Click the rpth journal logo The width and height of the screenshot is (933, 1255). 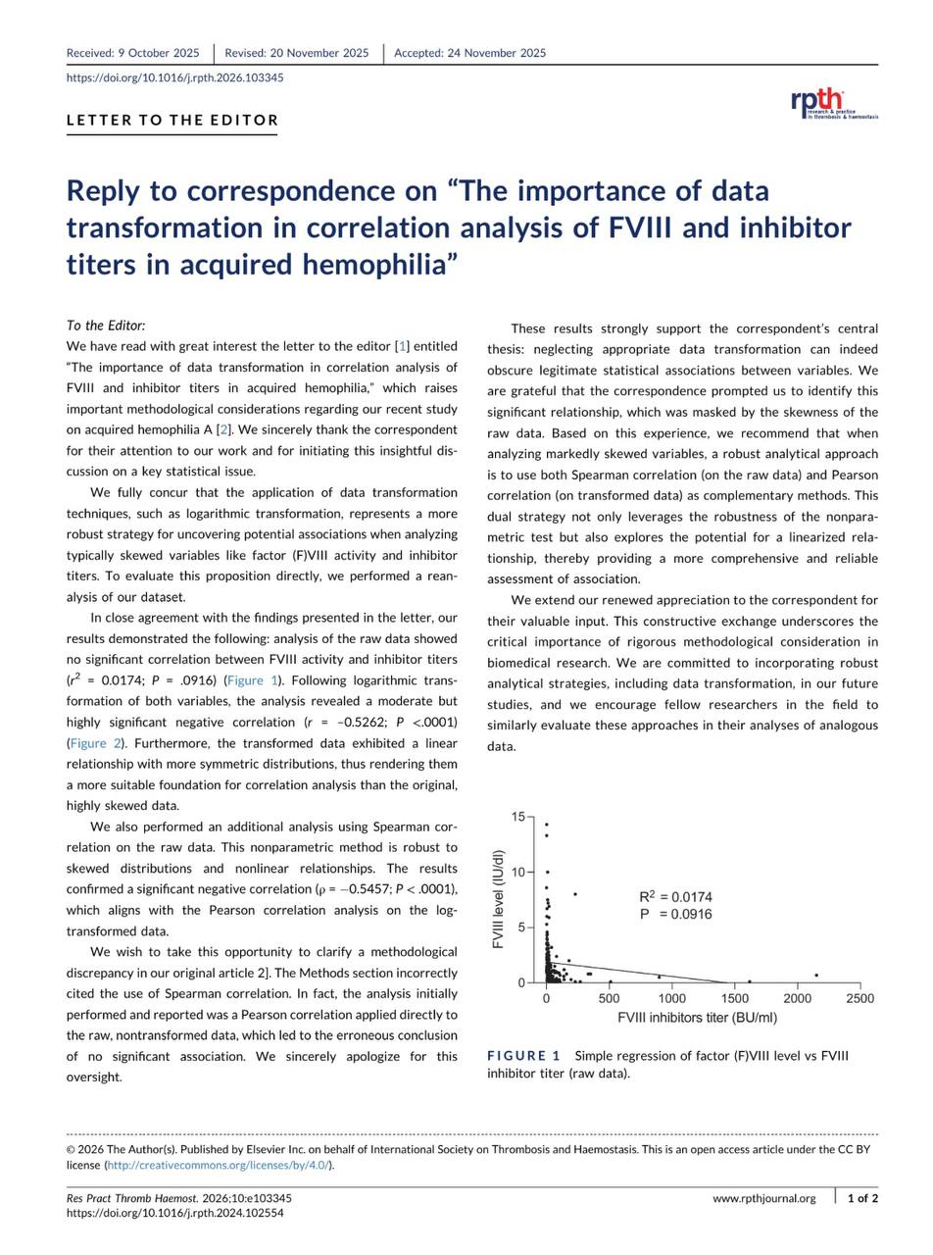click(x=833, y=104)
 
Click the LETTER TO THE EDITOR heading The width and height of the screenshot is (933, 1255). click(x=172, y=121)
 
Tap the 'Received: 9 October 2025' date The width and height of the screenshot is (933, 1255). click(x=132, y=53)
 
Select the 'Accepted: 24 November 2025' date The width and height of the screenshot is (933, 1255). click(x=469, y=53)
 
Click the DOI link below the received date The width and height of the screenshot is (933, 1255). click(x=175, y=77)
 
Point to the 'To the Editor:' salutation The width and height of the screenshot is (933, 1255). click(x=106, y=326)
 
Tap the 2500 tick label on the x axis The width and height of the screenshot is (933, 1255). click(x=859, y=999)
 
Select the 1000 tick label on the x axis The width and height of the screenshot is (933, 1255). click(x=671, y=999)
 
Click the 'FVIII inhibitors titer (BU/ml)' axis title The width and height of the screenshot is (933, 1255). click(x=697, y=1018)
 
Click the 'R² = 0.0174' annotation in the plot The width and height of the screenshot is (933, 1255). click(x=675, y=897)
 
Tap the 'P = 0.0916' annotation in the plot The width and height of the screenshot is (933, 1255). click(x=675, y=915)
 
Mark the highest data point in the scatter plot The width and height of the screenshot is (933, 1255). click(x=547, y=825)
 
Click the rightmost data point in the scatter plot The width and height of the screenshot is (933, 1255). click(x=816, y=976)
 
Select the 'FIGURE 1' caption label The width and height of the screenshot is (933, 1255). click(x=523, y=1056)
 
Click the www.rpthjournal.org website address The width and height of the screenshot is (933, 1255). click(x=764, y=1198)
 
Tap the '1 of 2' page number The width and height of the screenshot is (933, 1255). click(x=862, y=1198)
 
